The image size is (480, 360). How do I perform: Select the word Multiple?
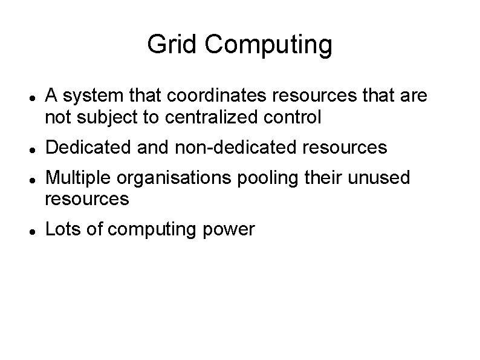coord(79,178)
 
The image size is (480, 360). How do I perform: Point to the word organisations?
coord(175,178)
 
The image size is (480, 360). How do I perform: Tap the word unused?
coord(380,178)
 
